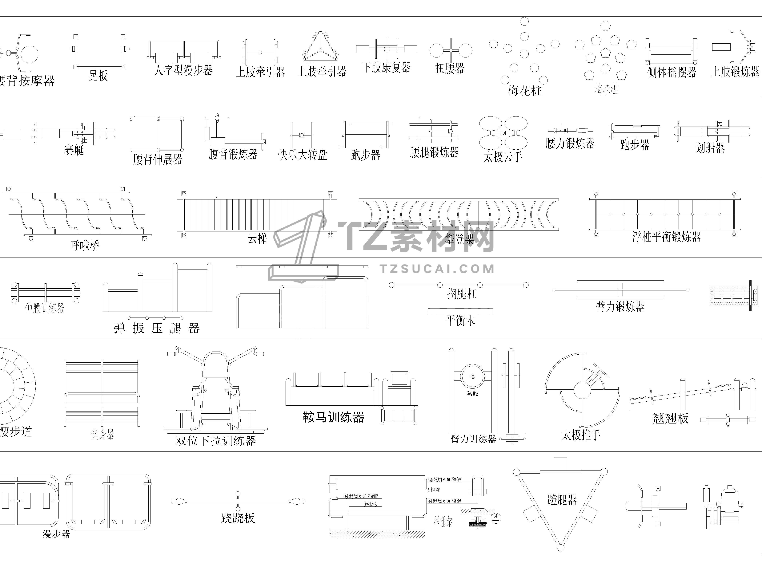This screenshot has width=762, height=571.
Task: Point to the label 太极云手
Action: [x=503, y=157]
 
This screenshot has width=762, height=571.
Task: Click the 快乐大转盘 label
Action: [x=303, y=155]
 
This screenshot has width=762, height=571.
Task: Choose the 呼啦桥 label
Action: [x=85, y=245]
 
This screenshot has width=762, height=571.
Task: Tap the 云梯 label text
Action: [x=257, y=238]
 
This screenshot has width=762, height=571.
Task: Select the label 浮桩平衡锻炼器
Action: [x=666, y=237]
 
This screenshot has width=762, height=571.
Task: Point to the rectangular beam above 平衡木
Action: [x=460, y=311]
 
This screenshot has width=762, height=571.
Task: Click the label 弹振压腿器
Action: [x=157, y=328]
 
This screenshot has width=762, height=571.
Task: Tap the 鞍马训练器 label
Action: [x=333, y=417]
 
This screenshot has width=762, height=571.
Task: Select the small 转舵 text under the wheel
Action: [x=473, y=393]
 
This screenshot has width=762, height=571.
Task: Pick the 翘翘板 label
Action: [x=670, y=418]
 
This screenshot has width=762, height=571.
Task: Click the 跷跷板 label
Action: [x=238, y=518]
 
